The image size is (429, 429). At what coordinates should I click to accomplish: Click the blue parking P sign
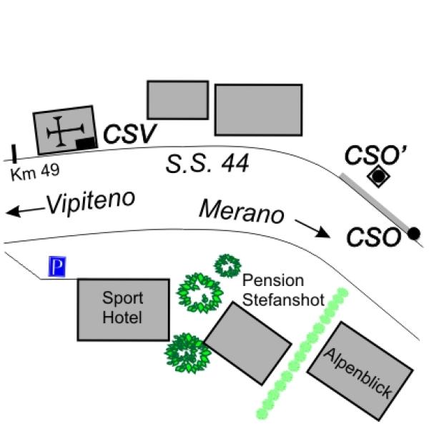pyautogui.click(x=57, y=266)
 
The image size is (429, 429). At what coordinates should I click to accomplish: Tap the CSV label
pyautogui.click(x=129, y=134)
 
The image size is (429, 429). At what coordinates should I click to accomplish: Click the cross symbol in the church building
pyautogui.click(x=65, y=132)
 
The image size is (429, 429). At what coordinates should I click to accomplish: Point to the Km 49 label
pyautogui.click(x=35, y=172)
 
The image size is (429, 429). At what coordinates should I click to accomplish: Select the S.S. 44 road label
pyautogui.click(x=207, y=163)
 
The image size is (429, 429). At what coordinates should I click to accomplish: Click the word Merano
pyautogui.click(x=242, y=212)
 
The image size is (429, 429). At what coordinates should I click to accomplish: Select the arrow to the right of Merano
pyautogui.click(x=312, y=229)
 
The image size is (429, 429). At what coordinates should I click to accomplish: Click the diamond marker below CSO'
pyautogui.click(x=379, y=176)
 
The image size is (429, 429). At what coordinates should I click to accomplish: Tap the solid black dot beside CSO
pyautogui.click(x=414, y=234)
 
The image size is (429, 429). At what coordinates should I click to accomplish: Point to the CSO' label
pyautogui.click(x=375, y=155)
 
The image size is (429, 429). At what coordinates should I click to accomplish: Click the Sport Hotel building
pyautogui.click(x=124, y=310)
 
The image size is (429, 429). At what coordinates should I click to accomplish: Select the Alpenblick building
pyautogui.click(x=360, y=371)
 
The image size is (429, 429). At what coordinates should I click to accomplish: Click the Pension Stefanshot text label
pyautogui.click(x=283, y=290)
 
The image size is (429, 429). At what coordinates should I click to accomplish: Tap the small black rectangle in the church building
pyautogui.click(x=86, y=143)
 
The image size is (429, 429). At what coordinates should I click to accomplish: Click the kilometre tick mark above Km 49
pyautogui.click(x=14, y=154)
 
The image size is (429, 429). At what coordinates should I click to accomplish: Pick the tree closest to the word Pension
pyautogui.click(x=227, y=266)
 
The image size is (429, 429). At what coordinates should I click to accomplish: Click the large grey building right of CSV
pyautogui.click(x=259, y=109)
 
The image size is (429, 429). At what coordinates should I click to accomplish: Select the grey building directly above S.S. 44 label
pyautogui.click(x=178, y=100)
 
